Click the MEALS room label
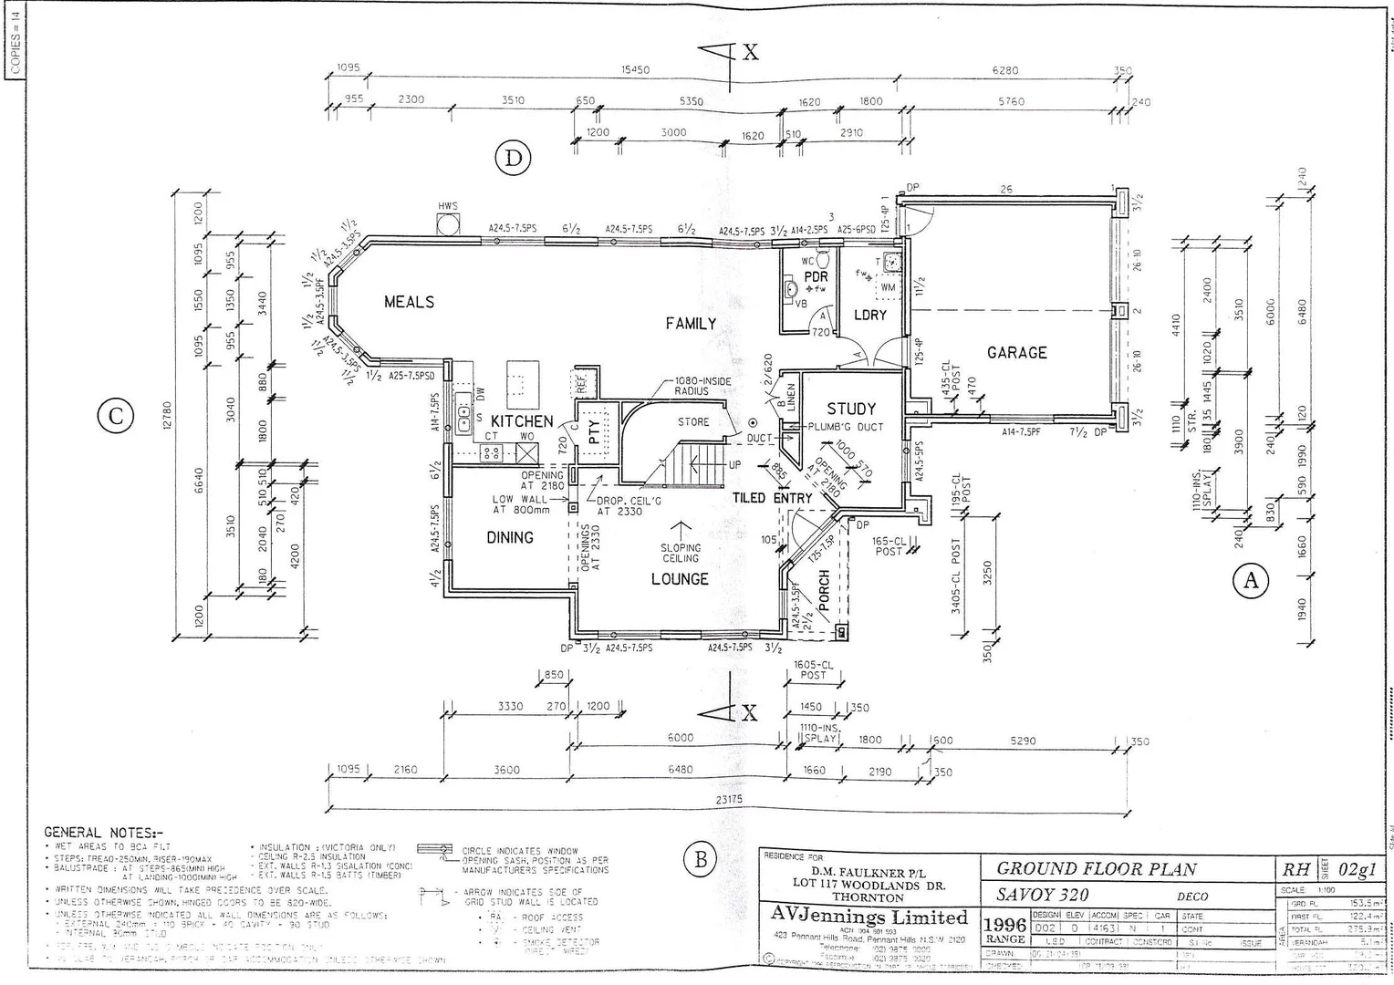click(x=409, y=302)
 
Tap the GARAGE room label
click(x=1016, y=352)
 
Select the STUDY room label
click(x=850, y=409)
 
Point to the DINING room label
click(x=509, y=537)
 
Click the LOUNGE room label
click(x=680, y=579)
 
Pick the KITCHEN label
click(x=522, y=420)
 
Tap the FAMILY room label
click(x=691, y=324)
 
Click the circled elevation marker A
click(x=1250, y=580)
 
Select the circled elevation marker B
click(x=701, y=858)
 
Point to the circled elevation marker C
click(x=115, y=417)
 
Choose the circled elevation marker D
click(x=513, y=159)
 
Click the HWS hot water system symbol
click(x=448, y=224)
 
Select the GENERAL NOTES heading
click(x=104, y=833)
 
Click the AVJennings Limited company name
click(x=869, y=917)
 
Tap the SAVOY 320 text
click(x=1042, y=895)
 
